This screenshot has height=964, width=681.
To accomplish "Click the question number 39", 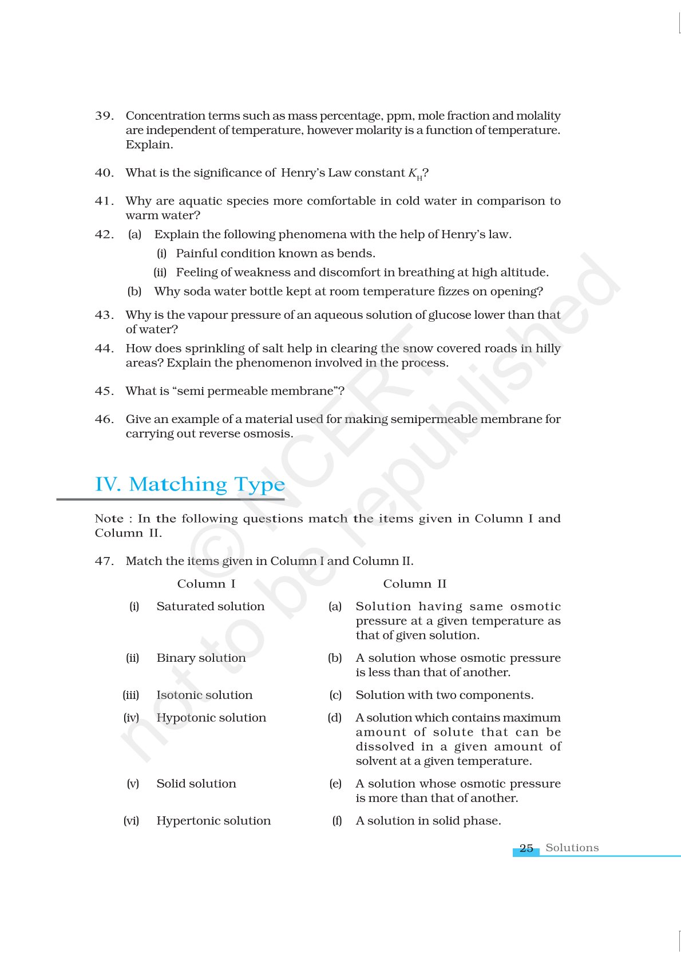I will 104,116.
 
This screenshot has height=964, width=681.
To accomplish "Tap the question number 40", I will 104,173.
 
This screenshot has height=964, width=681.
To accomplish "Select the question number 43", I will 104,315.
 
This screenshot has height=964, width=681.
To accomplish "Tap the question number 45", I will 104,391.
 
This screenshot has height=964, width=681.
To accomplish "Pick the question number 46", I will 104,419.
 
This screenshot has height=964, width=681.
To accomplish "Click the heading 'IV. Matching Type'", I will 190,484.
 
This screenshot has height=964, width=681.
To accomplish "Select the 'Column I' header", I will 206,584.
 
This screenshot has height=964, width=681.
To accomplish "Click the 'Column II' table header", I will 414,584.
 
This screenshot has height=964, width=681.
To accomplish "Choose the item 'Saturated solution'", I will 211,606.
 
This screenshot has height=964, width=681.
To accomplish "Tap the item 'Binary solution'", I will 201,658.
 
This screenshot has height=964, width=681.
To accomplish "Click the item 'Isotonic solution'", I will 204,695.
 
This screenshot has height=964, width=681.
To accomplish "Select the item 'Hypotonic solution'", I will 211,718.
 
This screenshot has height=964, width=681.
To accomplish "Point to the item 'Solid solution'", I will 196,784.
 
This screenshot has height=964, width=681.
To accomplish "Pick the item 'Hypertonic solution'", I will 213,821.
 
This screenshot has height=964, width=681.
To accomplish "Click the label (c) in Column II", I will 335,695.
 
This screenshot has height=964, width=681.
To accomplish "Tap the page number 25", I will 526,848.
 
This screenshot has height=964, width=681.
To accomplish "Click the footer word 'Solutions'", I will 572,848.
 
